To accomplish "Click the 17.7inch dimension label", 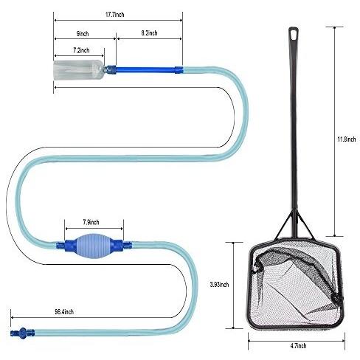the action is pyautogui.click(x=114, y=15).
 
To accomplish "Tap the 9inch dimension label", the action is pyautogui.click(x=83, y=34).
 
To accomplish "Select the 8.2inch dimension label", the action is pyautogui.click(x=149, y=33).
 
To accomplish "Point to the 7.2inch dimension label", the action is pyautogui.click(x=81, y=50).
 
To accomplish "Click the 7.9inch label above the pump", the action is pyautogui.click(x=91, y=222).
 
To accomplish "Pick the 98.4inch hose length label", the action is pyautogui.click(x=64, y=312).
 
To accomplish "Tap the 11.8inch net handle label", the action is pyautogui.click(x=346, y=139).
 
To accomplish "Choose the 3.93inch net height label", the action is pyautogui.click(x=219, y=285).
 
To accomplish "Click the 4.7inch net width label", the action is pyautogui.click(x=298, y=346).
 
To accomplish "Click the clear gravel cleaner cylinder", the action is pyautogui.click(x=79, y=70).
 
